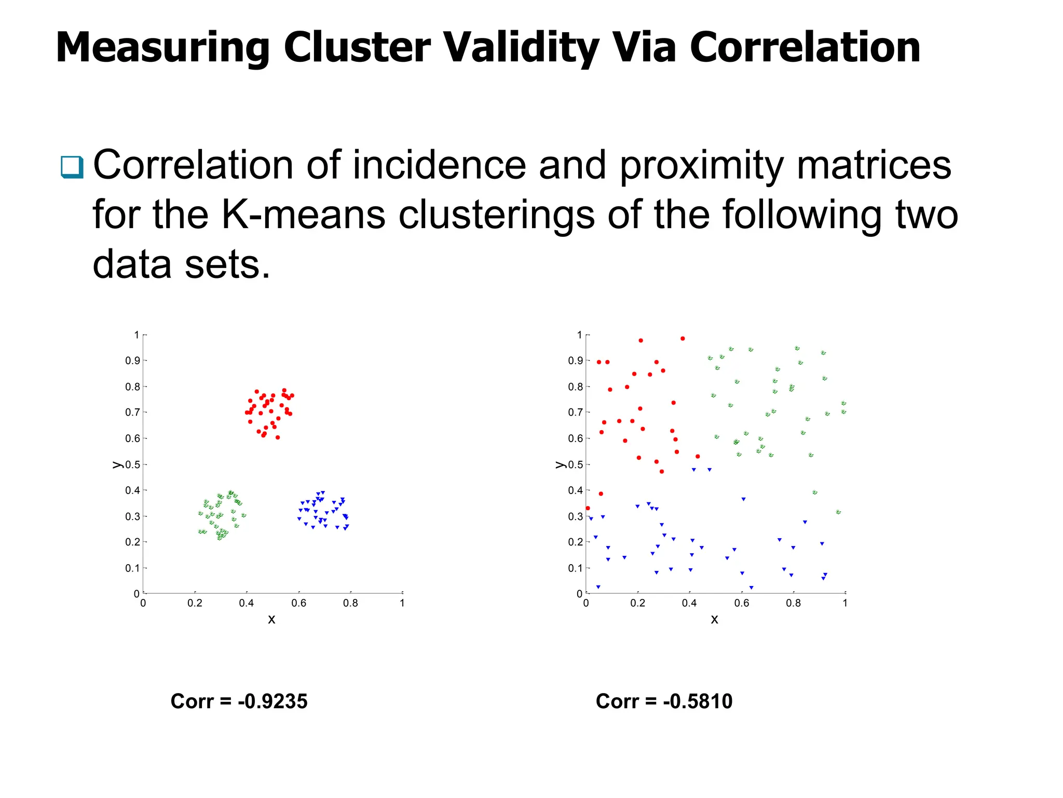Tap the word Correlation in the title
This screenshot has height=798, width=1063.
pyautogui.click(x=805, y=48)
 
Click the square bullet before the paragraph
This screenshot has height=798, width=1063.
pyautogui.click(x=72, y=167)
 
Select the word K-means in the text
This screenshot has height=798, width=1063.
pyautogui.click(x=304, y=215)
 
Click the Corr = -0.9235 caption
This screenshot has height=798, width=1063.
pyautogui.click(x=239, y=701)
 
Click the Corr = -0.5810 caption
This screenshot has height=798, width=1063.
pyautogui.click(x=664, y=701)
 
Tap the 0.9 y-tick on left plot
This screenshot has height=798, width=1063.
pyautogui.click(x=132, y=361)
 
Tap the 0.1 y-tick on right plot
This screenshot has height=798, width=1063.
pyautogui.click(x=575, y=568)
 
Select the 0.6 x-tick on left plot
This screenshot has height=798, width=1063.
pyautogui.click(x=298, y=603)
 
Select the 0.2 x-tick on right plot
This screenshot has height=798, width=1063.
pyautogui.click(x=637, y=603)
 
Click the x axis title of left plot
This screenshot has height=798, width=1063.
pyautogui.click(x=271, y=619)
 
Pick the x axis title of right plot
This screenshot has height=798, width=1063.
pyautogui.click(x=714, y=619)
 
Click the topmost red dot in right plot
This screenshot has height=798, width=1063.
pyautogui.click(x=683, y=338)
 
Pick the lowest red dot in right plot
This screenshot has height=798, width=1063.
pyautogui.click(x=588, y=508)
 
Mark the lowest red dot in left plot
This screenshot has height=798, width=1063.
pyautogui.click(x=278, y=437)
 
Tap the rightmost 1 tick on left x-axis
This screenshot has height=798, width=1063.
pyautogui.click(x=402, y=603)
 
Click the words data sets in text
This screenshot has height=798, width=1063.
pyautogui.click(x=181, y=264)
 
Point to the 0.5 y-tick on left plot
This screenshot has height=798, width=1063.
pyautogui.click(x=133, y=464)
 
